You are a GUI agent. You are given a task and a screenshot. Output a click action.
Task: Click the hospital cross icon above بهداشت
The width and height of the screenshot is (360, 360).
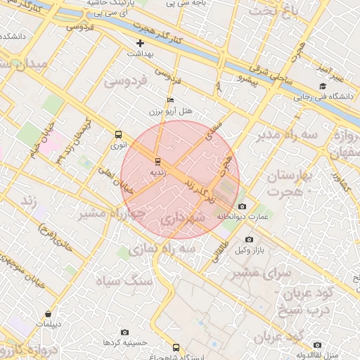(140, 44)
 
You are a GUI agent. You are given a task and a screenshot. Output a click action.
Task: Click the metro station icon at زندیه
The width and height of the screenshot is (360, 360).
(157, 161)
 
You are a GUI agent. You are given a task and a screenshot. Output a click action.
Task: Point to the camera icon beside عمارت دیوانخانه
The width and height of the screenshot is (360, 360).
(242, 206)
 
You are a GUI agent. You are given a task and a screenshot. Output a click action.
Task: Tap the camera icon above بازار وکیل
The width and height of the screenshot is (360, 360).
(249, 240)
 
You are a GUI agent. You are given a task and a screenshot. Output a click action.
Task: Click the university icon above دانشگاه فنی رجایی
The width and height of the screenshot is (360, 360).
(323, 86)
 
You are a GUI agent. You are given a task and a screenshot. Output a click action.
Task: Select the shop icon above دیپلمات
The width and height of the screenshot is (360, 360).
(48, 314)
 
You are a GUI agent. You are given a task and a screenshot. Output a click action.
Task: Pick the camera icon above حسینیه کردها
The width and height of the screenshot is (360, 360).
(125, 332)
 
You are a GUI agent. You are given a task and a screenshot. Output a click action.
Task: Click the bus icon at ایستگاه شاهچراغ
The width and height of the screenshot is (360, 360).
(176, 347)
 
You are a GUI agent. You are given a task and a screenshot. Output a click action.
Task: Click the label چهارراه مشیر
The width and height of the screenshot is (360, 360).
(112, 212)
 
